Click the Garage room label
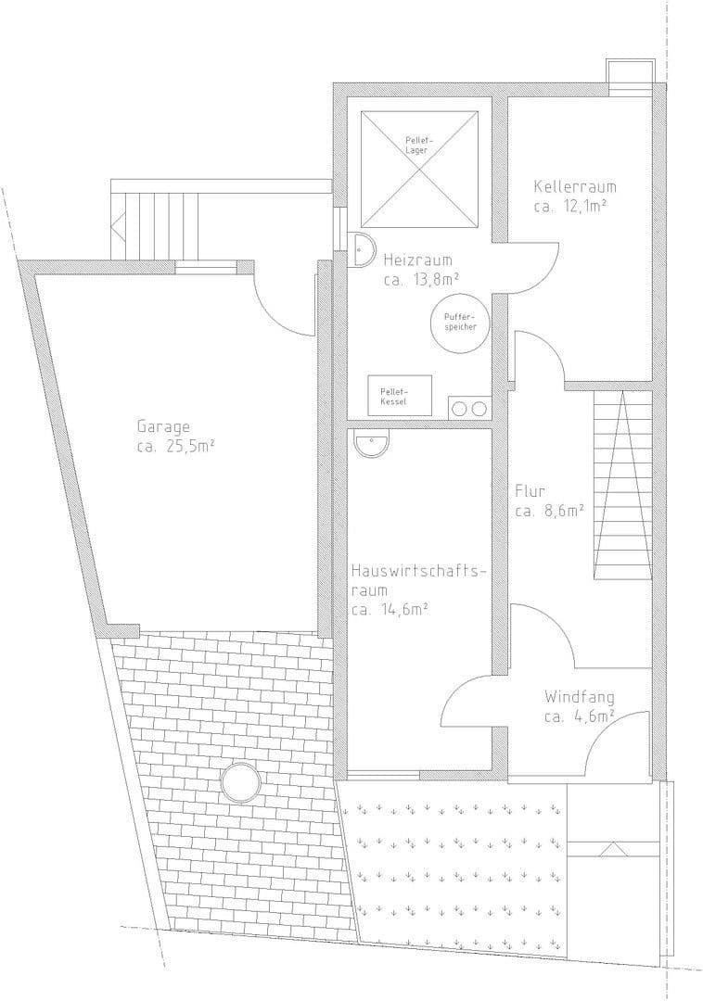pos(163,427)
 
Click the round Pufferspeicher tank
pos(460,323)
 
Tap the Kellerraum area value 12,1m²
pos(570,205)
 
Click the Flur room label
pos(530,490)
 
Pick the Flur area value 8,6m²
pos(549,510)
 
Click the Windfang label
pos(580,696)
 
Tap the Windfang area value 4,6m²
pos(580,716)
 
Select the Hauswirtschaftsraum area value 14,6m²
pos(390,609)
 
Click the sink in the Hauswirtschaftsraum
pos(372,444)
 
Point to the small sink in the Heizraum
pos(361,250)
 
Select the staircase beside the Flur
pos(622,485)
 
